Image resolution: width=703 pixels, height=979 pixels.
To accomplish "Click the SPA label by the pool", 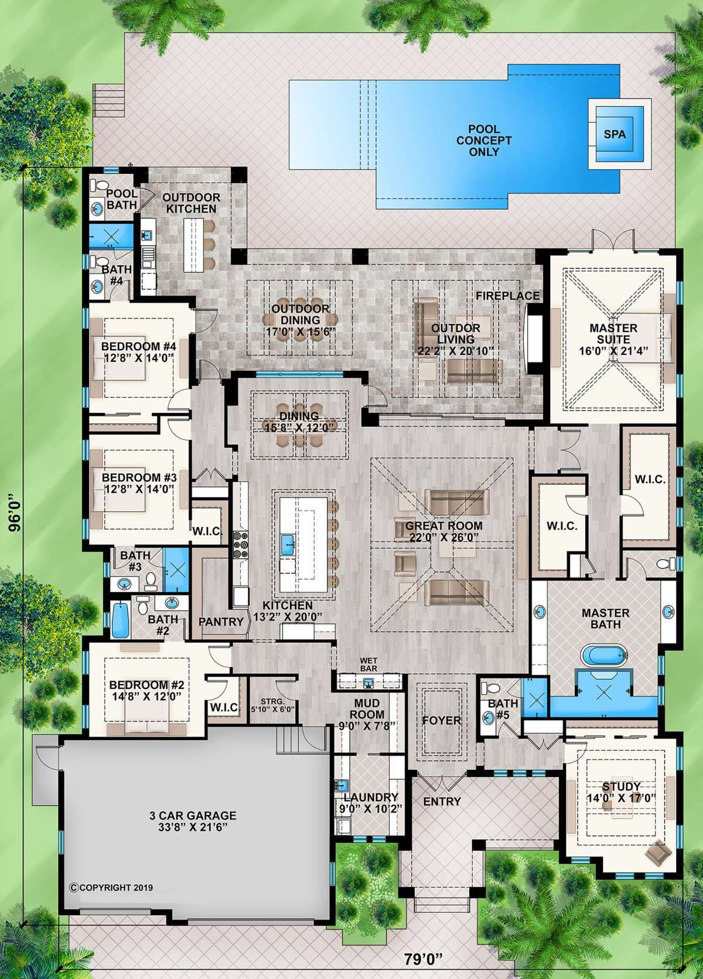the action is click(x=615, y=133).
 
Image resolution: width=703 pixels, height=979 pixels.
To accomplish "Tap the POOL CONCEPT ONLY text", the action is click(x=484, y=141).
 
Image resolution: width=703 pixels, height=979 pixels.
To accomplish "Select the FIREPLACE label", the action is click(x=508, y=296).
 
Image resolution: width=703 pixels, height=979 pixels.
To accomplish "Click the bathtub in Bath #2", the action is click(x=120, y=619).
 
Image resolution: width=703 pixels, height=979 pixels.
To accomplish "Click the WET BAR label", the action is click(x=368, y=665).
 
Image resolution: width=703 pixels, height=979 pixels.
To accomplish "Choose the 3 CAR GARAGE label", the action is click(x=193, y=816).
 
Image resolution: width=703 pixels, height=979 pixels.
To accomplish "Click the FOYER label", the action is click(x=442, y=721).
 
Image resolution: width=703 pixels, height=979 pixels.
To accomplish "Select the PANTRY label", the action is click(x=221, y=621).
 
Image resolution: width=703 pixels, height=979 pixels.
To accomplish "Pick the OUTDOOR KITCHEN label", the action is click(x=191, y=203).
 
